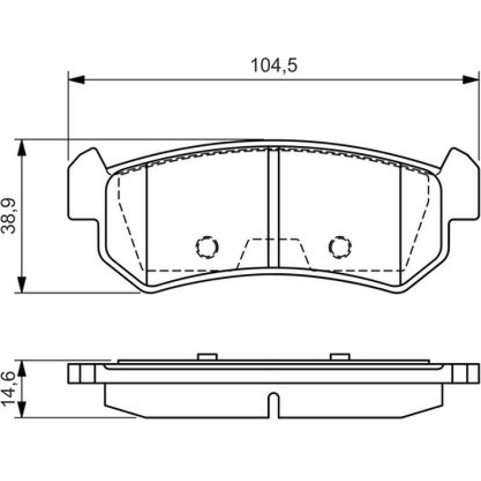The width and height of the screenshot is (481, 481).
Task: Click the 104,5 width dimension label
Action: [x=274, y=66]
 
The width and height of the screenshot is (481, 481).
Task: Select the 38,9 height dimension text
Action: [x=8, y=216]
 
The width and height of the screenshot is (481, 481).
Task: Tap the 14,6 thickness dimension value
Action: [x=8, y=389]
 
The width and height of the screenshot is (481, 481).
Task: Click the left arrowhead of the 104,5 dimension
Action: [x=76, y=80]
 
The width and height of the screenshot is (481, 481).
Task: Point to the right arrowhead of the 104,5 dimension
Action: [x=470, y=80]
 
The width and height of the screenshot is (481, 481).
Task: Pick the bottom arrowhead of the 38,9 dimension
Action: [x=21, y=285]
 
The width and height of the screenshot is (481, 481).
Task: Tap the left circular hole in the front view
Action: [x=207, y=247]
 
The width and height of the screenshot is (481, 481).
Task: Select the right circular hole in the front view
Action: [x=340, y=247]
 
